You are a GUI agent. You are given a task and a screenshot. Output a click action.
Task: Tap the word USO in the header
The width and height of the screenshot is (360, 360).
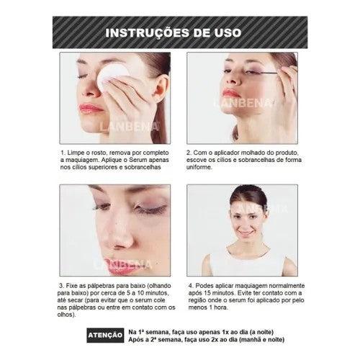point(228,33)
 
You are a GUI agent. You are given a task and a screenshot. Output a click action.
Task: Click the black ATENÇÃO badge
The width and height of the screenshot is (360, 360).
point(105,336)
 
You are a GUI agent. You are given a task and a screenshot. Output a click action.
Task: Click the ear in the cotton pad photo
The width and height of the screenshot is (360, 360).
point(161,88)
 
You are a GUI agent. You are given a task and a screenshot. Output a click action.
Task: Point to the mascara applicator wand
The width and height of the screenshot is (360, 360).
point(267,71)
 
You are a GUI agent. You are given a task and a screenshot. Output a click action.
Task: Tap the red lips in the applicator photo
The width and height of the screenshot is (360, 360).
point(230,93)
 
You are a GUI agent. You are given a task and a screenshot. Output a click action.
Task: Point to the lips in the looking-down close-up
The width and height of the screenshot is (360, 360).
point(124,266)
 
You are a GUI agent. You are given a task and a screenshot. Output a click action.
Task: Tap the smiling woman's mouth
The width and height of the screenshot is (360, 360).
point(245,233)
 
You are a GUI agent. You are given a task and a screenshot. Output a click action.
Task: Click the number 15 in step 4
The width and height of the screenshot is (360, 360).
point(207,293)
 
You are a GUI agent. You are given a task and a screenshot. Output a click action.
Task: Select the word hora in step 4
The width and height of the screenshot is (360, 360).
point(220,307)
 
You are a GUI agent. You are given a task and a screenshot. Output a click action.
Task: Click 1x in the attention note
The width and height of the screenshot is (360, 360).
point(225,332)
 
